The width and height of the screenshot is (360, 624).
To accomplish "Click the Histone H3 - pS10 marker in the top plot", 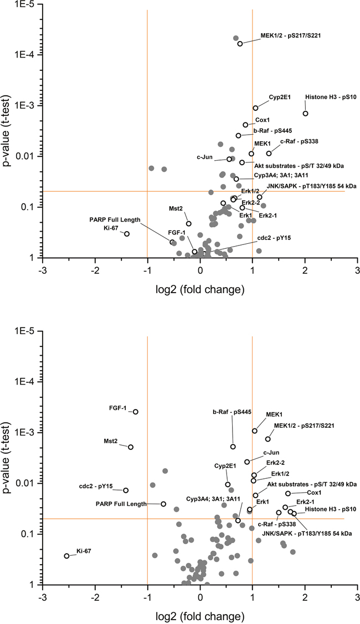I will point(305,114).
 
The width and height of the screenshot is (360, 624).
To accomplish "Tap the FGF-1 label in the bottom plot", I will point(117,408).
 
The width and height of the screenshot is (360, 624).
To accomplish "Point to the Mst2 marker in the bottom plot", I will point(131,447).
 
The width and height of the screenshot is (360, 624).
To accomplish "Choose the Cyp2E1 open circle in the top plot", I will point(255,108).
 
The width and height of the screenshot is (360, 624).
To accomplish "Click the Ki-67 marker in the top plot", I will point(127,234).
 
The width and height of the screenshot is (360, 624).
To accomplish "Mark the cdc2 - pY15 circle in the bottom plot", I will point(126,490).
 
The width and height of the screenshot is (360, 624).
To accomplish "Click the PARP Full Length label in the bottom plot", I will point(120,504).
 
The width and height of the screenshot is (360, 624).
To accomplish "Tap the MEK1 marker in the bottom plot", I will point(255,431).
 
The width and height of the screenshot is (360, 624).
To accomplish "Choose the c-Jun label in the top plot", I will point(205,157).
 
